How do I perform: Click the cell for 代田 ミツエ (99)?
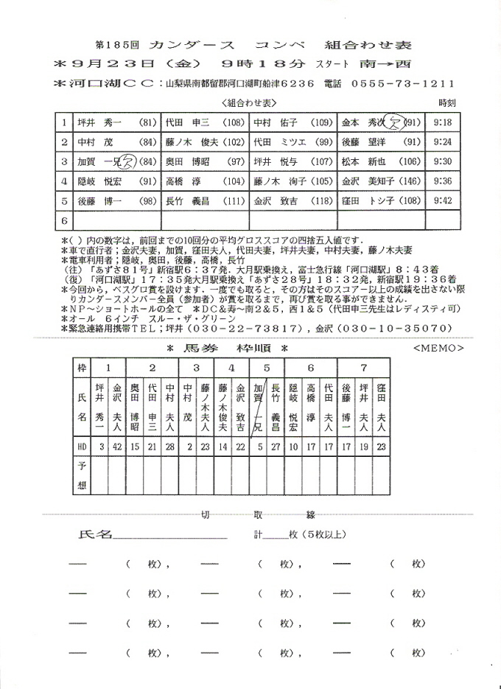(292, 141)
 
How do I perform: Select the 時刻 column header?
(446, 102)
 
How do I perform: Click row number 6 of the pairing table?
(65, 220)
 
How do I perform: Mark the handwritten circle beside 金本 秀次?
(394, 121)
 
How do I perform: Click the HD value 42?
(117, 446)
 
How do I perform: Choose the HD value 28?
(170, 446)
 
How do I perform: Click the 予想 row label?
(82, 476)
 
